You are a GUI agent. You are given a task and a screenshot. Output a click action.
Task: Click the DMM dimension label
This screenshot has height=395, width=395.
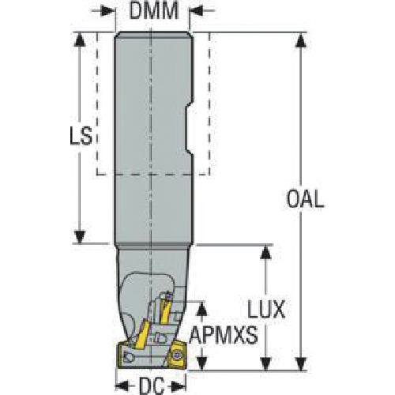point(154,11)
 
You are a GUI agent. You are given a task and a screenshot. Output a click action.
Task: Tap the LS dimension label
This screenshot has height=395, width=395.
point(81,136)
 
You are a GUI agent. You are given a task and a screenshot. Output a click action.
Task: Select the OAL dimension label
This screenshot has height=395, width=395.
point(305,199)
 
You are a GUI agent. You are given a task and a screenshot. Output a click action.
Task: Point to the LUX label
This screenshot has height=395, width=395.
point(266,309)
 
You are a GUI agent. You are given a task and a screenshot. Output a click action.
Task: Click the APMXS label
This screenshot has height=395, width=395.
point(224,335)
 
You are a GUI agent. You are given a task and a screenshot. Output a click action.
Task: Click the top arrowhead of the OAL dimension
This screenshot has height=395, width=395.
point(301,40)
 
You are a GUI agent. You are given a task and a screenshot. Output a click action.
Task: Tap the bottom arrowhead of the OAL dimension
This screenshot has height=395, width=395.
point(301,363)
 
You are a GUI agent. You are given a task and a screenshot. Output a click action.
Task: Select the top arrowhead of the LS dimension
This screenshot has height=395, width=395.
point(80,40)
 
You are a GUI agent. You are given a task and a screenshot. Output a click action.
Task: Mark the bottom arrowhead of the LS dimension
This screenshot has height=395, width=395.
point(80,236)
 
